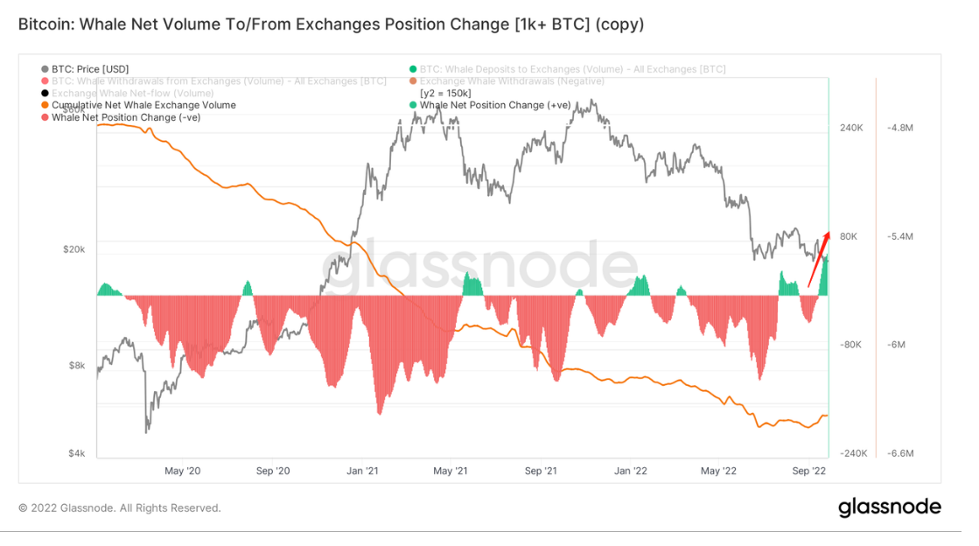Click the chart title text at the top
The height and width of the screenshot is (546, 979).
click(x=331, y=24)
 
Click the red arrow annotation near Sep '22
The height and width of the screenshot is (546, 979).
click(x=818, y=260)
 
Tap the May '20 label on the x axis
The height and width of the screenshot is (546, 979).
click(x=182, y=471)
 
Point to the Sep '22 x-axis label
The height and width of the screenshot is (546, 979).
click(x=809, y=471)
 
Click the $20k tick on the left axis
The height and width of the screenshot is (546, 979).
click(x=73, y=249)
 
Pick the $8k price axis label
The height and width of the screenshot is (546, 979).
click(x=77, y=366)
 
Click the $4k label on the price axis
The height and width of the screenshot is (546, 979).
click(x=77, y=453)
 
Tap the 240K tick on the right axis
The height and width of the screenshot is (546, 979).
click(x=851, y=128)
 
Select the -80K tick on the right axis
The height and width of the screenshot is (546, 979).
click(x=851, y=345)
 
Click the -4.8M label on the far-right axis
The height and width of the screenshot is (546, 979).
click(x=900, y=128)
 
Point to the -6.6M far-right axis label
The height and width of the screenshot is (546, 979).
click(x=900, y=453)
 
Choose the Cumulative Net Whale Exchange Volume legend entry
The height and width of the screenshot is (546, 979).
click(x=143, y=105)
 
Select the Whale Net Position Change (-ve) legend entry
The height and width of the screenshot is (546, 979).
click(x=126, y=117)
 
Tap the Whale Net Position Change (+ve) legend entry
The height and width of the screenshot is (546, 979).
click(x=494, y=105)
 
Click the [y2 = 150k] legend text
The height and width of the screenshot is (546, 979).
click(x=446, y=93)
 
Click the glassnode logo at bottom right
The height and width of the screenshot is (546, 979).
click(x=889, y=507)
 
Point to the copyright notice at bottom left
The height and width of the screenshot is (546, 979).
click(x=120, y=507)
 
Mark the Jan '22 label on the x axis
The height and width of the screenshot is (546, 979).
click(x=630, y=471)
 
